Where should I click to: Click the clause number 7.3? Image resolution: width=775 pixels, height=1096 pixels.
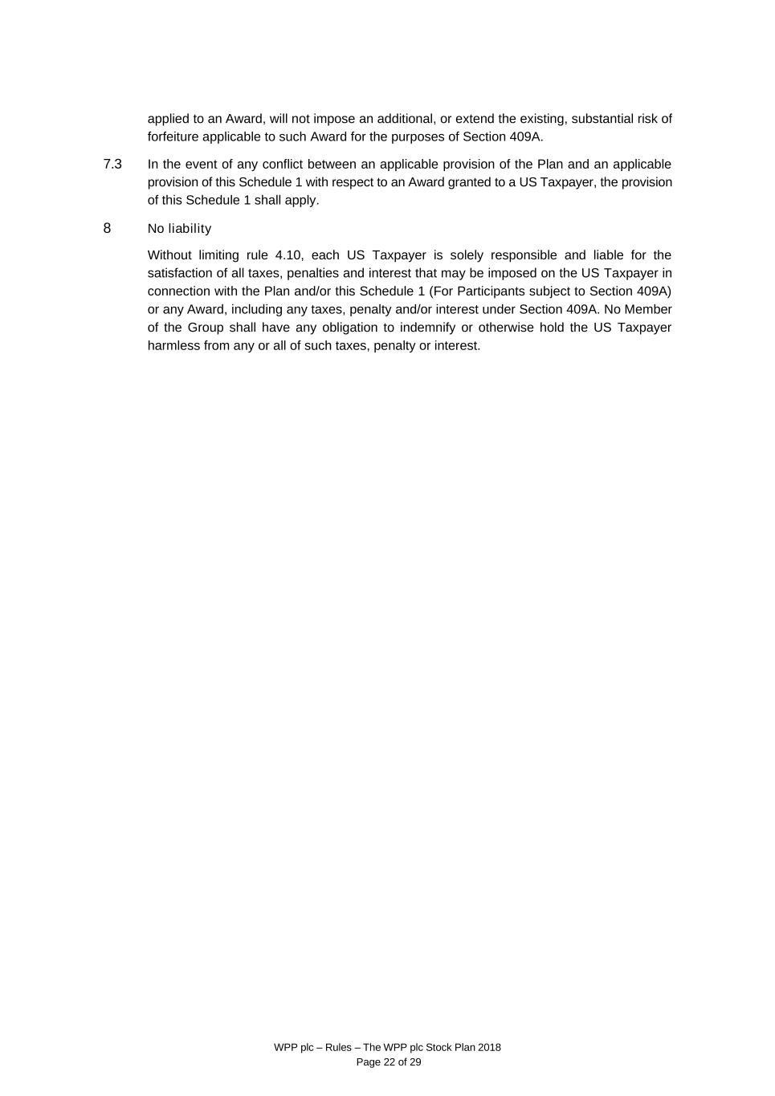[x=112, y=165]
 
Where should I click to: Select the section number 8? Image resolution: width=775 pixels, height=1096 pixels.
[x=107, y=228]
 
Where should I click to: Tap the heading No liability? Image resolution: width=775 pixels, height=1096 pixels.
[x=179, y=229]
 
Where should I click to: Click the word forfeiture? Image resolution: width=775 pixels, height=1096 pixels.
[x=173, y=136]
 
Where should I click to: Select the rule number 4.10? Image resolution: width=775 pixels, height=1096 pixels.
[x=288, y=255]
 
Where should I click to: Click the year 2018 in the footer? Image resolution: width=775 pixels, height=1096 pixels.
[x=488, y=1047]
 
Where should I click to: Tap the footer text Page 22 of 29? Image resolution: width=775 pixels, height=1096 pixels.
[x=388, y=1062]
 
